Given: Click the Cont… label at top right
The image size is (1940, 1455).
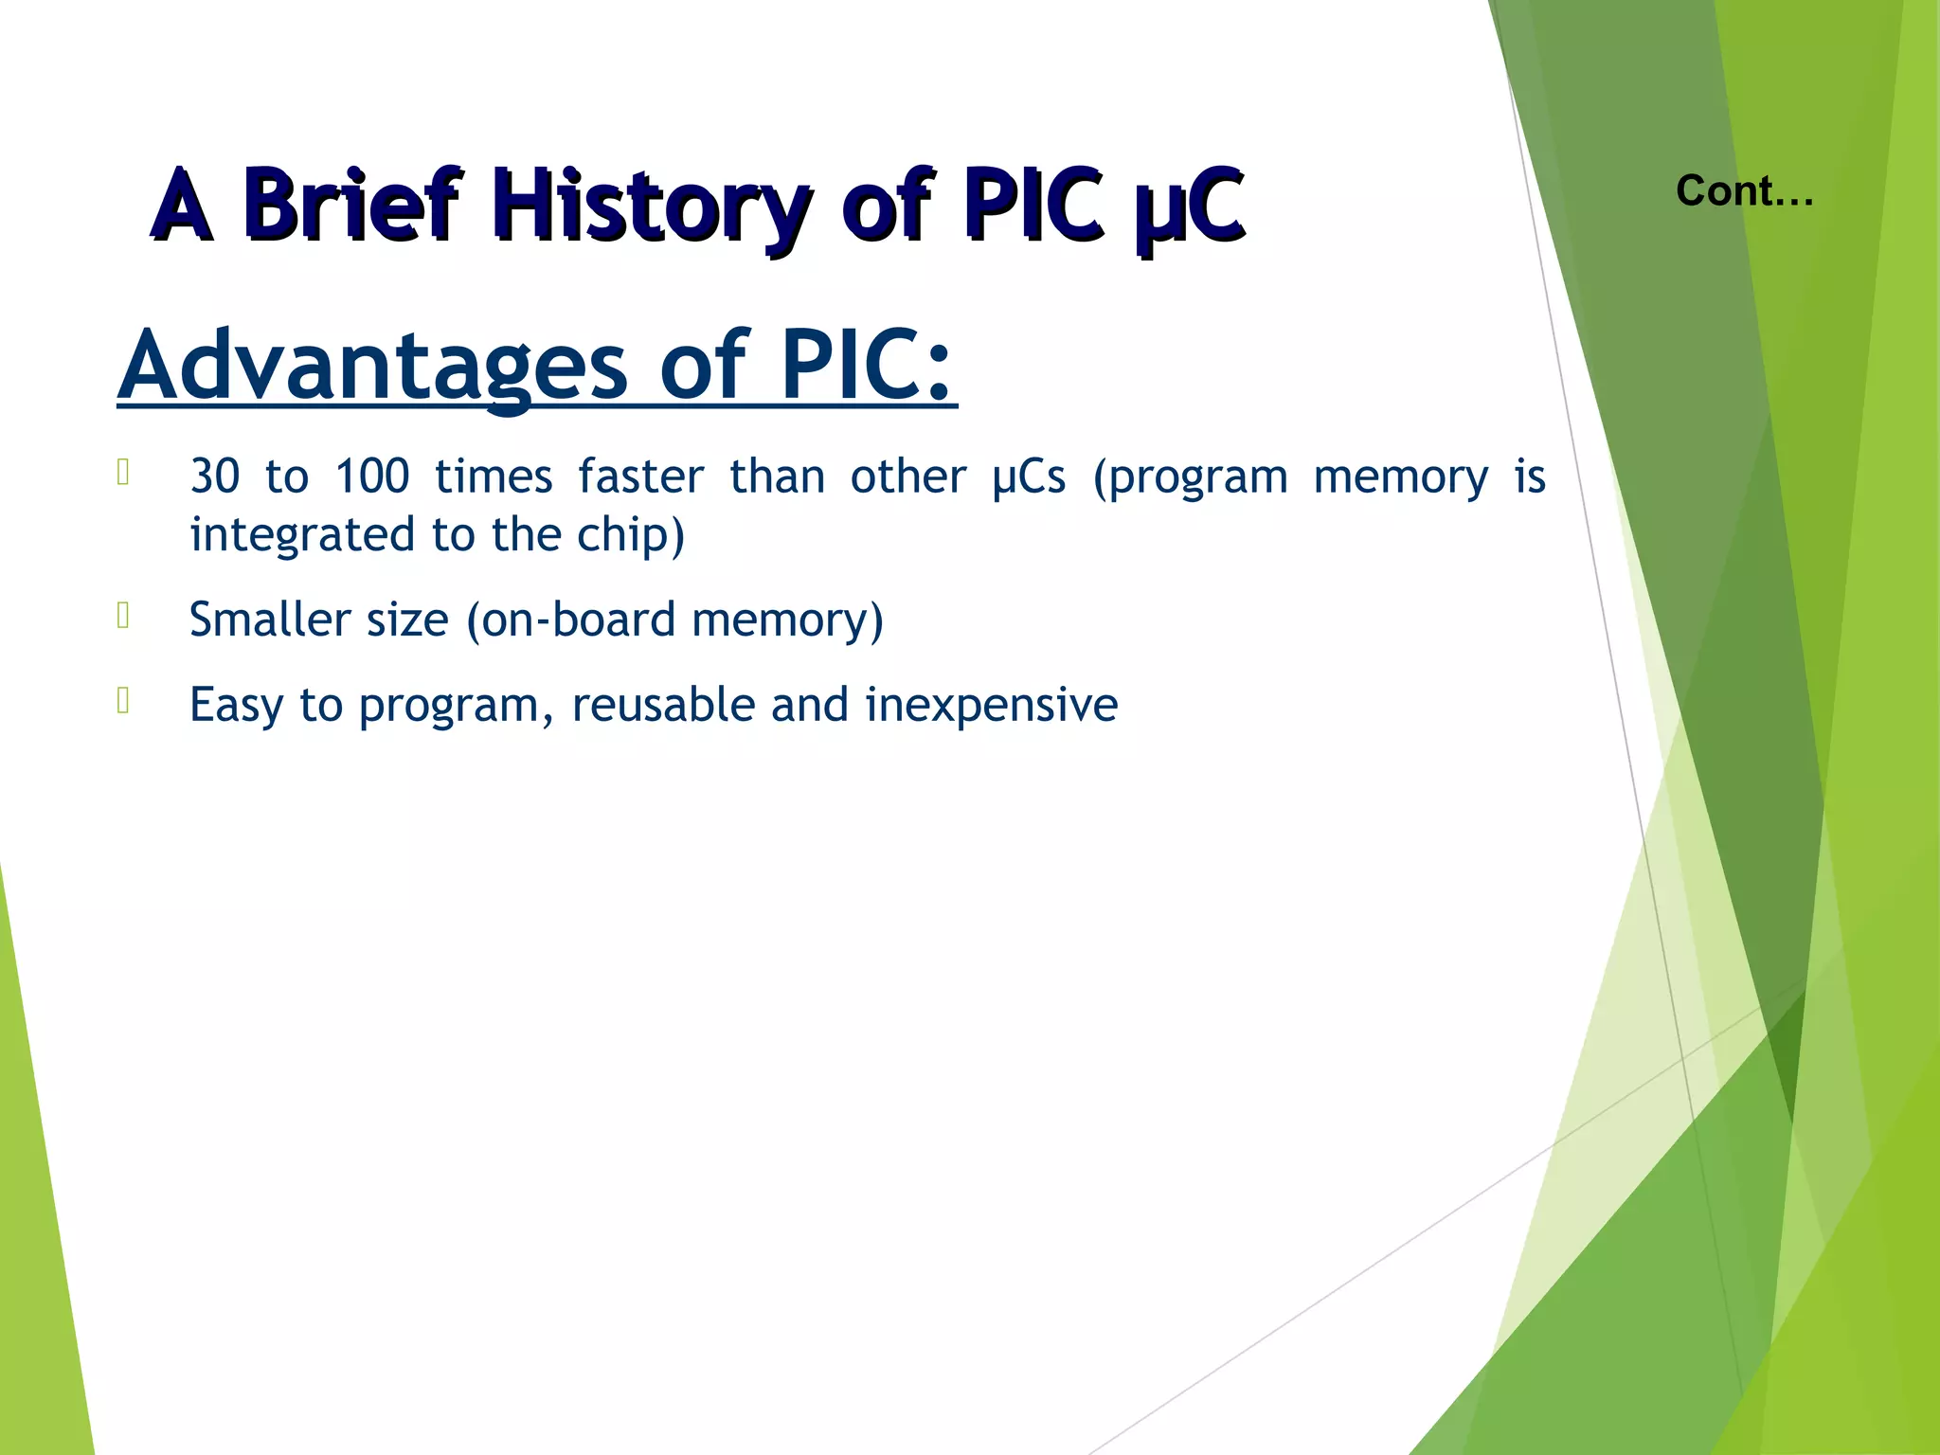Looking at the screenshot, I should [x=1744, y=191].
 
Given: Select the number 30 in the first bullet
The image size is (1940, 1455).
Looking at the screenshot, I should [x=215, y=476].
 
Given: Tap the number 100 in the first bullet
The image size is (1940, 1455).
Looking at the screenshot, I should [x=372, y=476].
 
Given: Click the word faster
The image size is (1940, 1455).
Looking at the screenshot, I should [x=641, y=476].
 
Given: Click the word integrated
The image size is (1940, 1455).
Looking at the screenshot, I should [x=303, y=536].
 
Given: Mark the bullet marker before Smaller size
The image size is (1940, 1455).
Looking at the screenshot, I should [x=123, y=617].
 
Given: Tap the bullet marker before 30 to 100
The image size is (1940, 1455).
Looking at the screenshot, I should [x=123, y=473].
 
